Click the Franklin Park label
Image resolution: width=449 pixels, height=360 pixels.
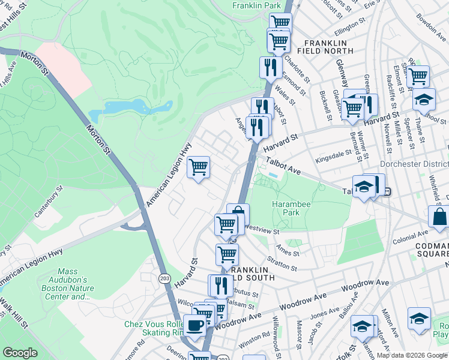tap(256, 5)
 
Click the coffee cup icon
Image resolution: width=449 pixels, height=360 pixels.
tap(194, 326)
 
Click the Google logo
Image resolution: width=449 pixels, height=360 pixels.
tap(20, 353)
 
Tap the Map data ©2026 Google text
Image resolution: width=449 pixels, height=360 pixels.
tap(412, 355)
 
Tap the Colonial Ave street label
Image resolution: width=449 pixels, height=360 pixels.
tap(411, 235)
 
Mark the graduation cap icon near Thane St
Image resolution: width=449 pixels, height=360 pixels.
tap(424, 99)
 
